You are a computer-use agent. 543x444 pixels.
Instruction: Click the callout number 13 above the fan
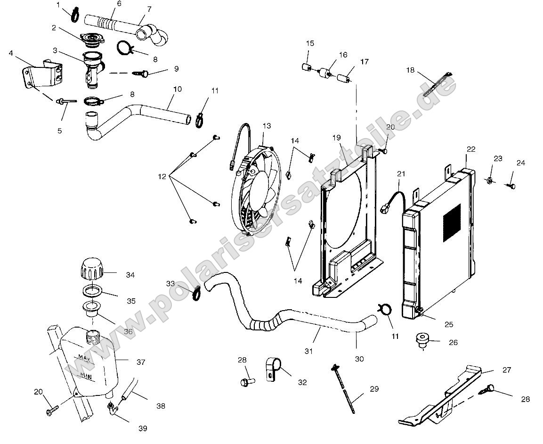pos(267,126)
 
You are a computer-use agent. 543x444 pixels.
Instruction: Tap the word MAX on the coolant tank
pos(85,357)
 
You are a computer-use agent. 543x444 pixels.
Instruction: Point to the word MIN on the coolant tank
pos(85,376)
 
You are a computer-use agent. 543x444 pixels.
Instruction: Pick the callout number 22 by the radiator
pos(471,149)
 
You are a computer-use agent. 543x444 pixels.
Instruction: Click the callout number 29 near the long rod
pos(374,389)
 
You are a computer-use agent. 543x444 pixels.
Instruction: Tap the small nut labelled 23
pos(490,181)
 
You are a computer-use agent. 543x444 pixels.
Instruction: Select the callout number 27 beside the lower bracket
pos(506,370)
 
